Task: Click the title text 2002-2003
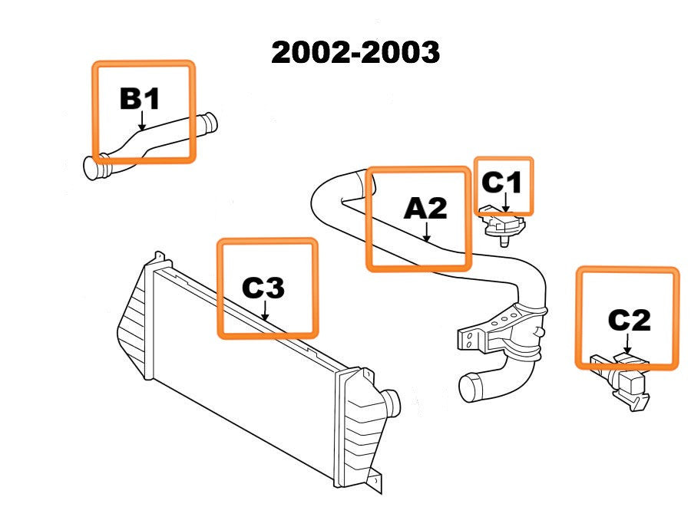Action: point(355,52)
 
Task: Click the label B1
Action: point(140,98)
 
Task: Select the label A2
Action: point(425,207)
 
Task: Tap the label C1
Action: point(501,183)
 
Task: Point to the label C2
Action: point(629,319)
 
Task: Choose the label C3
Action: point(263,288)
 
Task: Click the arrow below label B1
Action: point(142,120)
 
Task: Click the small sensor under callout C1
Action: point(502,226)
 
